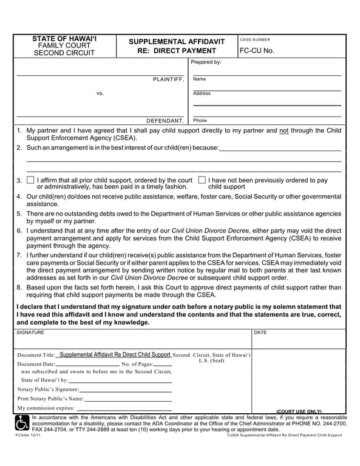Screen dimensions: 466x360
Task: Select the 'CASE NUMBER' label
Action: [x=255, y=39]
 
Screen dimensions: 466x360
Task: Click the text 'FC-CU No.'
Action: [x=257, y=51]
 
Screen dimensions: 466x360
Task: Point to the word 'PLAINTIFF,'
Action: [x=168, y=79]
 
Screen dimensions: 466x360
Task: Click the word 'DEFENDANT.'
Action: [x=165, y=120]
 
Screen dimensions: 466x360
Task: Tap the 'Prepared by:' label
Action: [x=206, y=62]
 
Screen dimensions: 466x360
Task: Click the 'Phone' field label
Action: [x=200, y=120]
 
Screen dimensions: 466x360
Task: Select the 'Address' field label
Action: [x=202, y=93]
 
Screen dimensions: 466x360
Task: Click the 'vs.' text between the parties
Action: [x=100, y=93]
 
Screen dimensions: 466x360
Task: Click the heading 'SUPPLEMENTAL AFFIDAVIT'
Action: [x=177, y=42]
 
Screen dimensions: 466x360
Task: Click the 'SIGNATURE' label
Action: [x=30, y=333]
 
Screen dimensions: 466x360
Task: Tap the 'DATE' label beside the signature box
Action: [x=260, y=333]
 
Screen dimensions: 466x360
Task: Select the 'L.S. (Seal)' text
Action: [x=211, y=360]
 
